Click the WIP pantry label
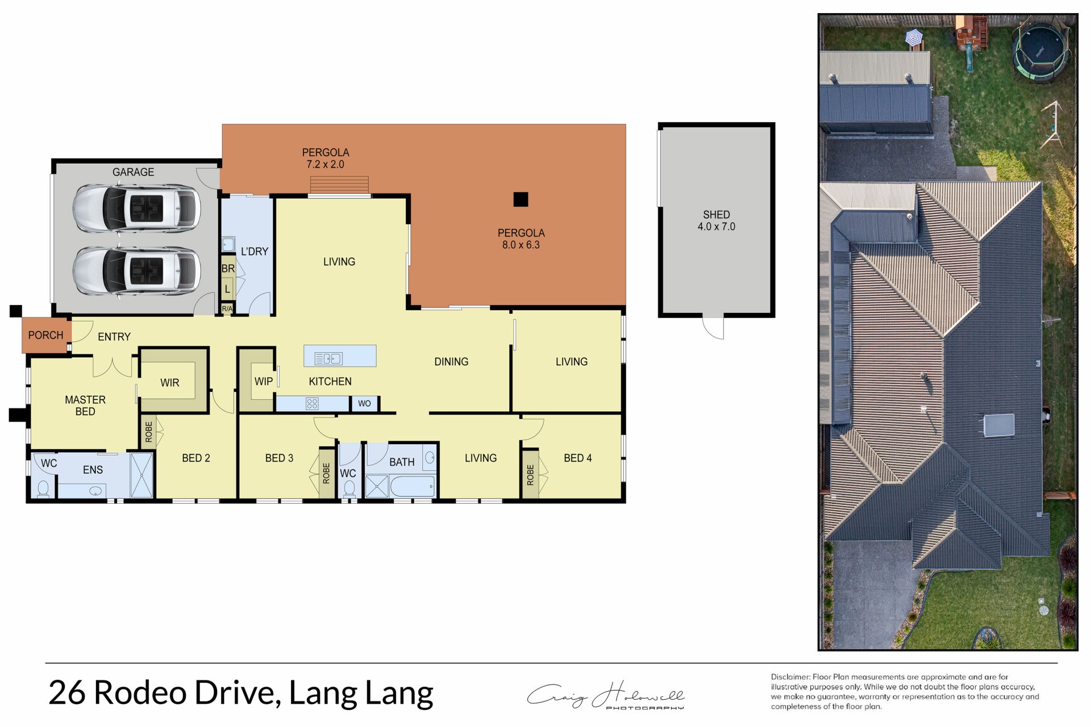click(264, 381)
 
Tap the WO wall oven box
click(364, 403)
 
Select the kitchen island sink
click(328, 358)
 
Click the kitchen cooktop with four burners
click(312, 404)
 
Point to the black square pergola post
click(520, 199)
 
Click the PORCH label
click(45, 335)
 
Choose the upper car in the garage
click(136, 208)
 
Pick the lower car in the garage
click(136, 271)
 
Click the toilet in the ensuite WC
click(43, 488)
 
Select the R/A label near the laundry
click(227, 308)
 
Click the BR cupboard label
click(228, 269)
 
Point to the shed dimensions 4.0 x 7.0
click(717, 227)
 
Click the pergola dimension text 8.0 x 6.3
click(521, 245)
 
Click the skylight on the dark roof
click(999, 425)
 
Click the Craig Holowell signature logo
click(606, 695)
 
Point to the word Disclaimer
click(790, 677)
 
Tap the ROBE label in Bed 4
click(530, 475)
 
